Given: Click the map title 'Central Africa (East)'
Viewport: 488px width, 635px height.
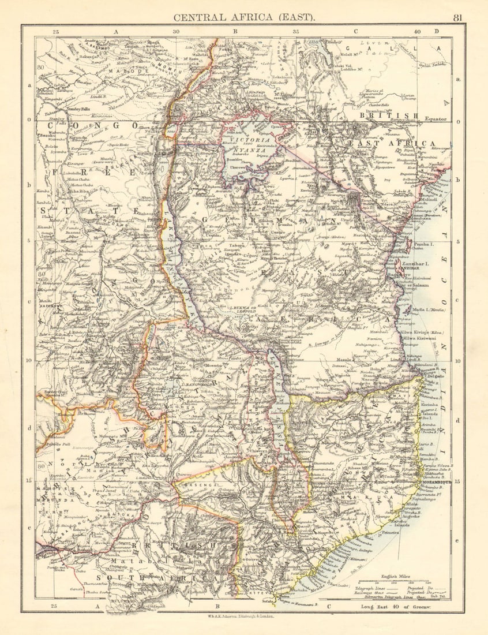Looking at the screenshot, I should click(245, 17).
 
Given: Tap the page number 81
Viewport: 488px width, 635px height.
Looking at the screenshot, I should click(457, 17).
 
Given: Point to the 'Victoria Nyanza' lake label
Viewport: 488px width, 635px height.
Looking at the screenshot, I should click(249, 145).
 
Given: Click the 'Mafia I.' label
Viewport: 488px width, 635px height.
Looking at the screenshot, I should click(427, 310).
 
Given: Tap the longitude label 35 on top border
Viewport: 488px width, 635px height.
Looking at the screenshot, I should click(296, 32).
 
